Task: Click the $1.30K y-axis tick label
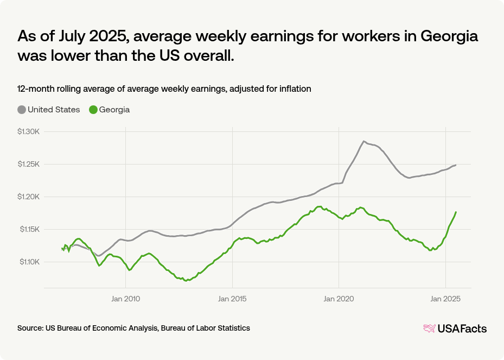(29, 132)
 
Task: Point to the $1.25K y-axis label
(29, 165)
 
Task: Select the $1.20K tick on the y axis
(29, 197)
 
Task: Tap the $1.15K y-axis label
(29, 230)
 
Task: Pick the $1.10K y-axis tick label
(29, 262)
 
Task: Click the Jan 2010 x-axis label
(125, 298)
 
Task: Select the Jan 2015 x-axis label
(232, 298)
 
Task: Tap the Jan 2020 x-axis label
(339, 298)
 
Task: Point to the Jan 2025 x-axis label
(445, 298)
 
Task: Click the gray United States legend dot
(22, 110)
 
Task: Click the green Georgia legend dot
(93, 110)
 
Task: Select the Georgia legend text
(114, 110)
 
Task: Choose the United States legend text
(54, 110)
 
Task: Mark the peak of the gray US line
(363, 141)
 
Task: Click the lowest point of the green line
(186, 281)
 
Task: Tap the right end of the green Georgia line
(456, 212)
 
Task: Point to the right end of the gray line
(456, 165)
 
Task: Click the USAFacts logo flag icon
(429, 329)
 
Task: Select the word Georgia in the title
(443, 36)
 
